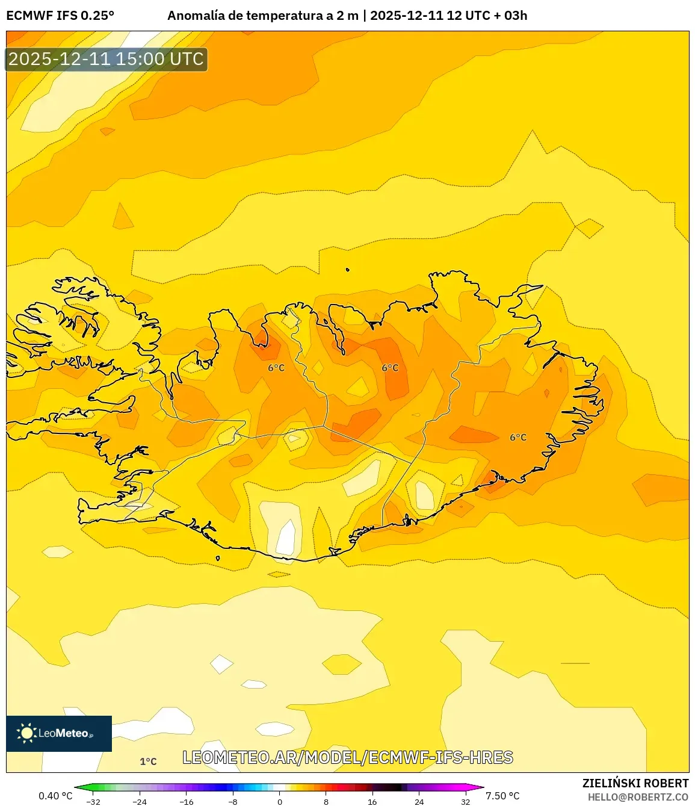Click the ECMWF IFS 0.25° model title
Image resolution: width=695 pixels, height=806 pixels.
pos(60,16)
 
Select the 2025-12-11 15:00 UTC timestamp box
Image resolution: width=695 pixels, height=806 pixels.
pos(107,60)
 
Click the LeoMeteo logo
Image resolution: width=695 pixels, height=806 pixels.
pos(59,733)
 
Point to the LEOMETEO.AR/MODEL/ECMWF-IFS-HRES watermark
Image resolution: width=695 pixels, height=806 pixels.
pos(348,757)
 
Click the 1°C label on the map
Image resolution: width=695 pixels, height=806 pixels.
pos(148,761)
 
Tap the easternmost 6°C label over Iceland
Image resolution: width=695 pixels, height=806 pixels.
pos(517,438)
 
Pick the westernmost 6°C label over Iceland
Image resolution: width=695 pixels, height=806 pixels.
pos(276,368)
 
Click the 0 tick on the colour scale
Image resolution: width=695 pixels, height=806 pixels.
pos(280,802)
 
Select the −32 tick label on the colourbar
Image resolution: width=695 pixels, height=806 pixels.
pos(93,802)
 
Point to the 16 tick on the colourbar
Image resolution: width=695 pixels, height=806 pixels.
pos(372,802)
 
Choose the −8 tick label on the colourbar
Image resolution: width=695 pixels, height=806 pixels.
pos(233,802)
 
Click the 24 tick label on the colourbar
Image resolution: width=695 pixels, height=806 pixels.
pos(419,802)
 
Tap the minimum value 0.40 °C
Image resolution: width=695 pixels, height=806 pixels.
pos(55,796)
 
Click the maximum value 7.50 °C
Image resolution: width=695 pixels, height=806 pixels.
pos(502,796)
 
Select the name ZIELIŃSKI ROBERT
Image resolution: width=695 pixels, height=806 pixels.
pos(635,783)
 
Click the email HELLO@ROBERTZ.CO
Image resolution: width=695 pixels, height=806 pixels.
pos(638,797)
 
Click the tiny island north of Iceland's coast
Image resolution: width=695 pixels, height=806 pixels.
pos(348,270)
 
